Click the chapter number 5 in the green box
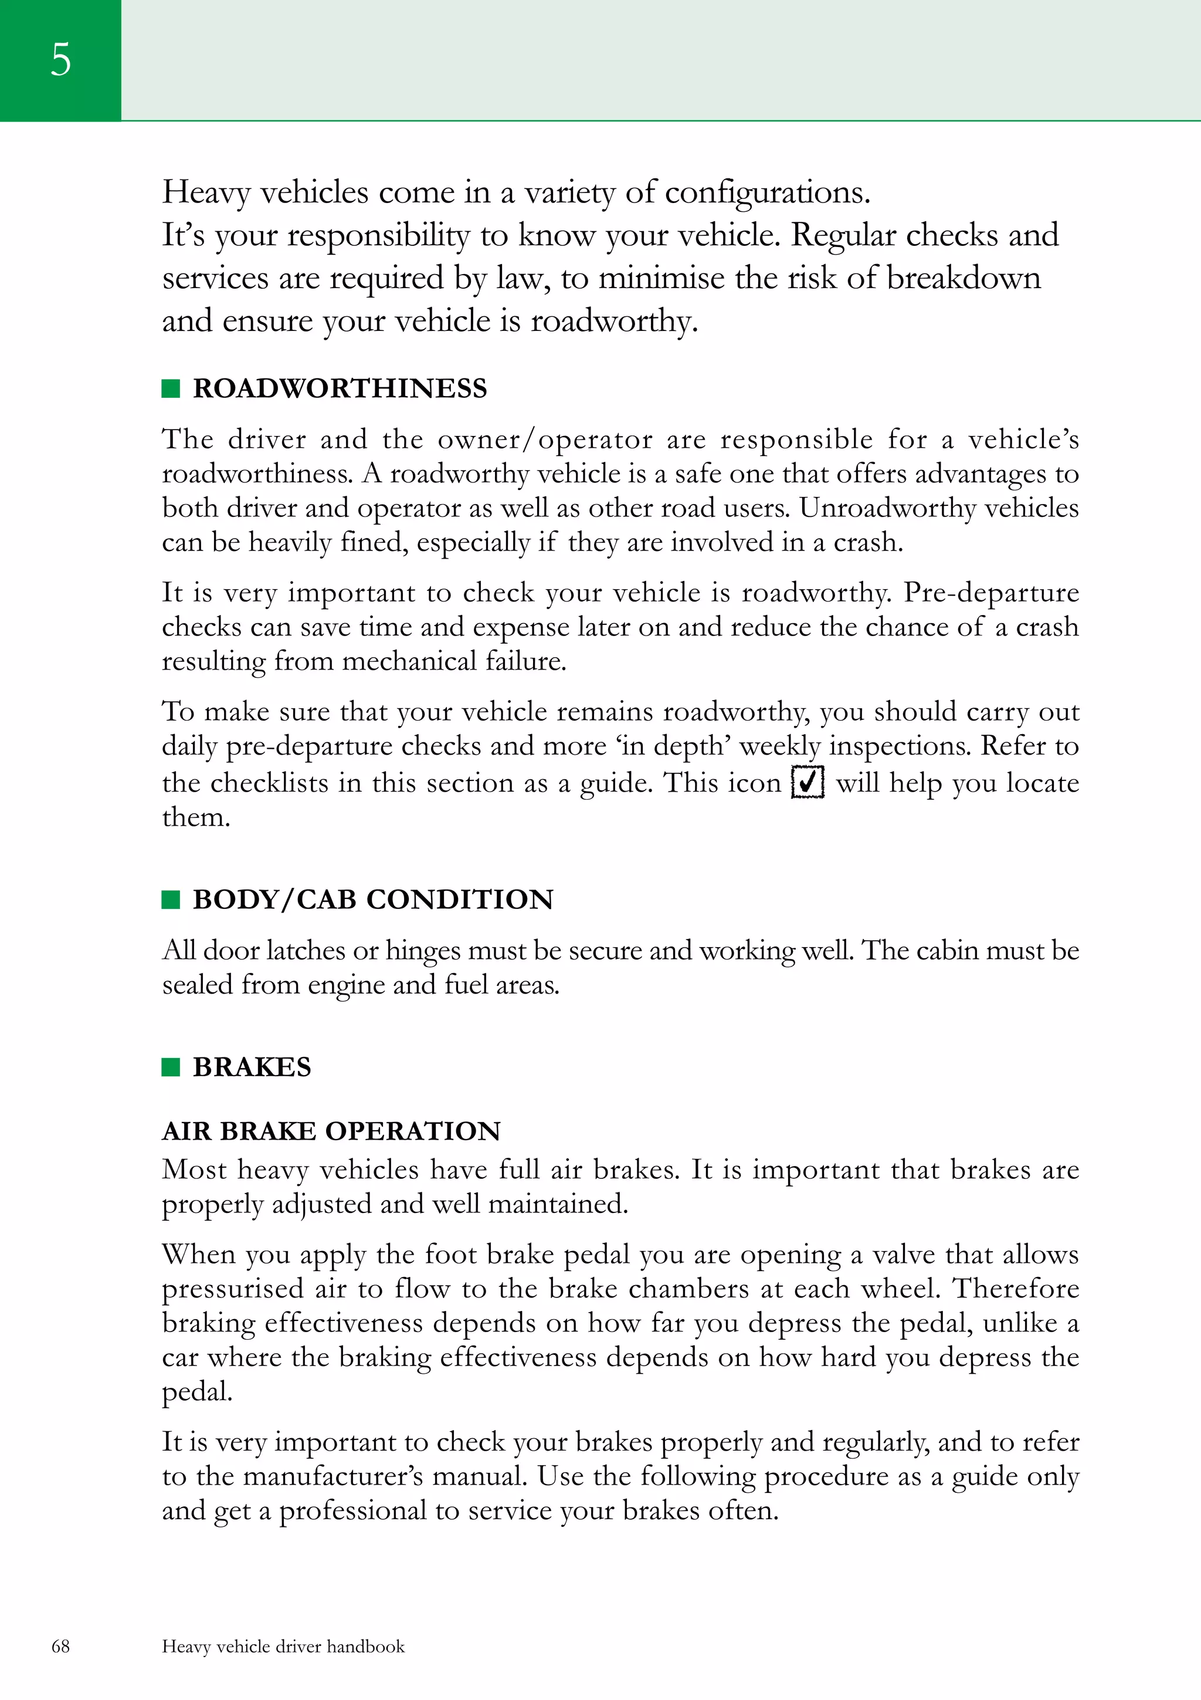(x=60, y=59)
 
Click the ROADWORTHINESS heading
(x=340, y=388)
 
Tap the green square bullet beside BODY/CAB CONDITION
(x=171, y=900)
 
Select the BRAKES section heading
(x=252, y=1067)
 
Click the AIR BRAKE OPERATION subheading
(x=331, y=1131)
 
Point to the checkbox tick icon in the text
(x=808, y=782)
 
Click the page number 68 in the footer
(x=60, y=1646)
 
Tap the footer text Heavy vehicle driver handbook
(x=283, y=1646)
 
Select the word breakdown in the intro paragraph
(x=963, y=278)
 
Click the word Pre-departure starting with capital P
(x=991, y=592)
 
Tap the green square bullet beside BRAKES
(x=171, y=1067)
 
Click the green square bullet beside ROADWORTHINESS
(x=171, y=388)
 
